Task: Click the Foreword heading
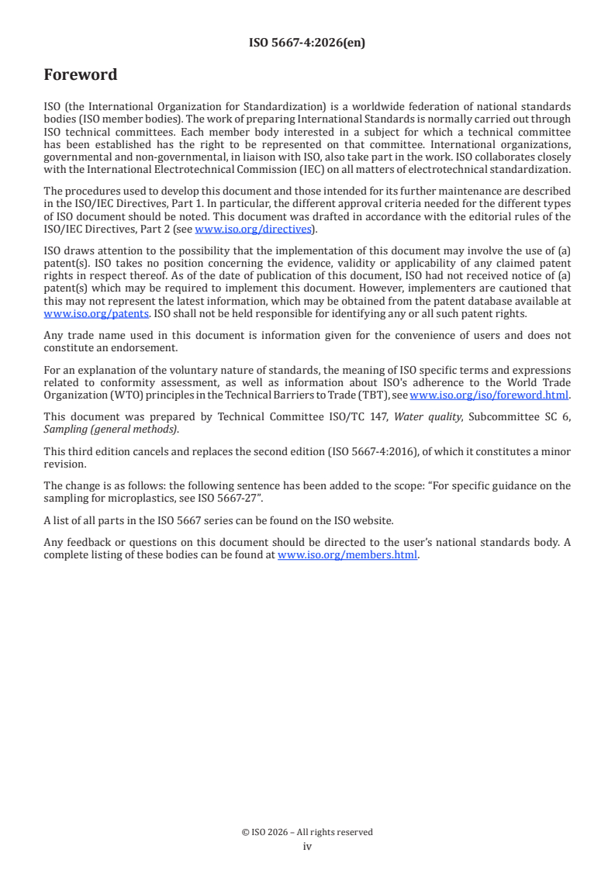[81, 75]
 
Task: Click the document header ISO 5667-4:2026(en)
[307, 43]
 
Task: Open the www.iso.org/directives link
[253, 229]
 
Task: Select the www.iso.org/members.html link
[347, 554]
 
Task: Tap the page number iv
[307, 846]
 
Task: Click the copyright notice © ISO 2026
[307, 832]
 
